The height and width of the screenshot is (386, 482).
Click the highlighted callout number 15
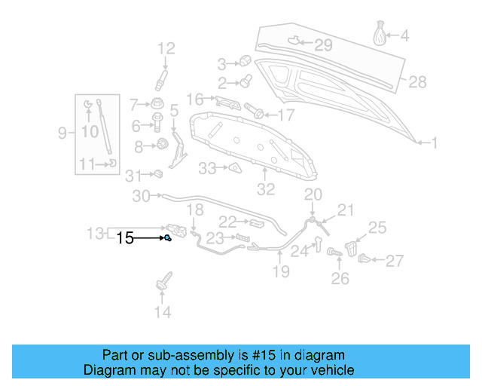click(x=125, y=238)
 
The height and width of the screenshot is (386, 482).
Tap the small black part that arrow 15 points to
click(x=168, y=238)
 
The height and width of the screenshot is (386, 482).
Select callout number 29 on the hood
click(x=322, y=45)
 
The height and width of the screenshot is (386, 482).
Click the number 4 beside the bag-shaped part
click(x=404, y=35)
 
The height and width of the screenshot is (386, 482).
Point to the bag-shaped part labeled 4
click(x=382, y=35)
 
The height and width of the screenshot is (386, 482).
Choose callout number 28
click(x=416, y=81)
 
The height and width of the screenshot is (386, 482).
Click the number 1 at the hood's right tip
click(x=433, y=141)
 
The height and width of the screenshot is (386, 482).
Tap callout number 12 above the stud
click(x=165, y=49)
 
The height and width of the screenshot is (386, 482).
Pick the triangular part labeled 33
click(x=234, y=167)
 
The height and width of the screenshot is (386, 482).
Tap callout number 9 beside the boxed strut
click(x=63, y=133)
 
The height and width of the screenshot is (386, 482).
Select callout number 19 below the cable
click(x=280, y=271)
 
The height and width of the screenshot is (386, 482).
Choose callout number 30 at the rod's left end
click(x=142, y=197)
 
